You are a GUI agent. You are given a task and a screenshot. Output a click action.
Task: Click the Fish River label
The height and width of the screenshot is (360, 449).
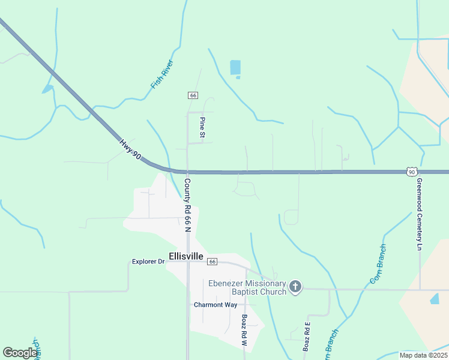click(162, 74)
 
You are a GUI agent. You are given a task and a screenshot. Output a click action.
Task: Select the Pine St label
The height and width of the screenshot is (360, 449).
click(202, 128)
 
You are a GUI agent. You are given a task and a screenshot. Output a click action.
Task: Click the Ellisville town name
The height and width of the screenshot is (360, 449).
click(186, 256)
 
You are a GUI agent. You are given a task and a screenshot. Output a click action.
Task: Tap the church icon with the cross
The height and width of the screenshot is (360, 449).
click(295, 287)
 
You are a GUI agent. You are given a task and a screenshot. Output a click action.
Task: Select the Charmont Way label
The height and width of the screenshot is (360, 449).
click(215, 305)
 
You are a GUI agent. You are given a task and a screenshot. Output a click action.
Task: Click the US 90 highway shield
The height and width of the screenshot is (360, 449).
click(411, 172)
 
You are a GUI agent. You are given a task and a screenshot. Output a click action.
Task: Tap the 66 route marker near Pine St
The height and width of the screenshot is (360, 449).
click(193, 95)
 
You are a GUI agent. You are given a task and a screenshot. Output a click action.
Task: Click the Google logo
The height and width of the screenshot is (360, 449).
click(20, 352)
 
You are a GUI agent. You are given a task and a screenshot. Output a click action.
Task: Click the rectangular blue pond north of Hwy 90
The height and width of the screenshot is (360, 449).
click(235, 67)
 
